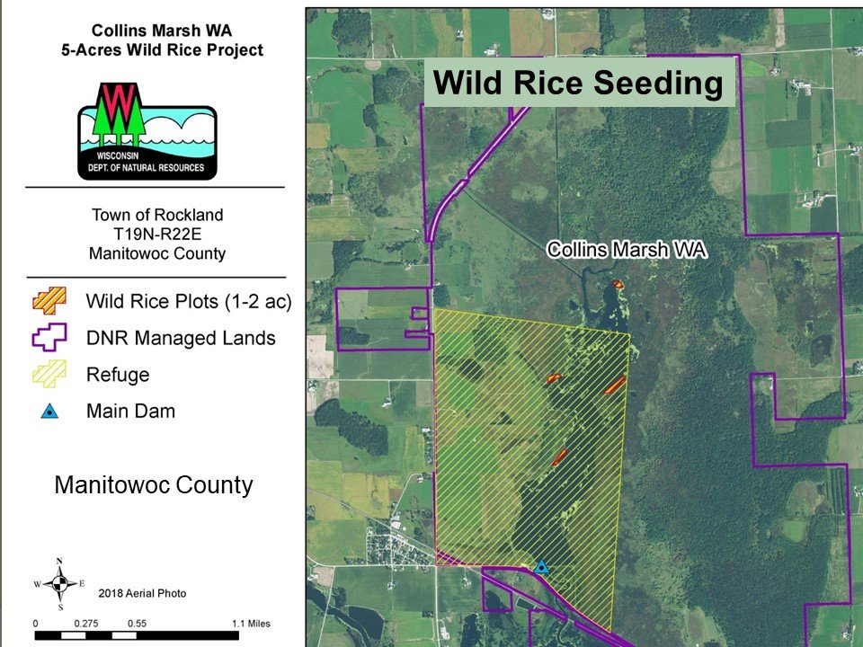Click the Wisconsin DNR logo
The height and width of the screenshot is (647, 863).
pos(147,132)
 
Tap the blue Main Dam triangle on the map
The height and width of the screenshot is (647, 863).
pos(541,567)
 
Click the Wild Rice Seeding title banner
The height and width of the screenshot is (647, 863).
pos(580,83)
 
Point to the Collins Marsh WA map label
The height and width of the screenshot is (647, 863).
pos(627,249)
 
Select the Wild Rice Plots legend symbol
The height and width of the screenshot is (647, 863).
pos(49,300)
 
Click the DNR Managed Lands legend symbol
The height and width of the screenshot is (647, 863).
pos(49,337)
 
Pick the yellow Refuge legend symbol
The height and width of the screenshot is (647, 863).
pos(49,374)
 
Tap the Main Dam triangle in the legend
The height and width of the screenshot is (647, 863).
pos(49,411)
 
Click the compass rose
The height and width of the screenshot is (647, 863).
pos(60,583)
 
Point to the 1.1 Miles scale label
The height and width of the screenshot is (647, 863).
pos(251,624)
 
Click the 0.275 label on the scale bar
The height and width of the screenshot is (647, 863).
pos(86,624)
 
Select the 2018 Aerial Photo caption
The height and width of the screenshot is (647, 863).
pos(143,593)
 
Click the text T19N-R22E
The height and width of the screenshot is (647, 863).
pos(157,234)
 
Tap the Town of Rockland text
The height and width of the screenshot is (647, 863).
pos(157,215)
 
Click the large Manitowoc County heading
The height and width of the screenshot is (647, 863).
pos(154,484)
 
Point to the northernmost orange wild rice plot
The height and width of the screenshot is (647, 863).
pos(618,284)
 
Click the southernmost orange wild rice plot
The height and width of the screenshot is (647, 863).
pos(559,457)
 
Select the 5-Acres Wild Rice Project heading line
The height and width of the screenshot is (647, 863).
pos(163,50)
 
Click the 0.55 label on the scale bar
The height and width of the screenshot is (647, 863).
pos(137,624)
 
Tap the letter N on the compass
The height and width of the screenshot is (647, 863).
pos(60,561)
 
